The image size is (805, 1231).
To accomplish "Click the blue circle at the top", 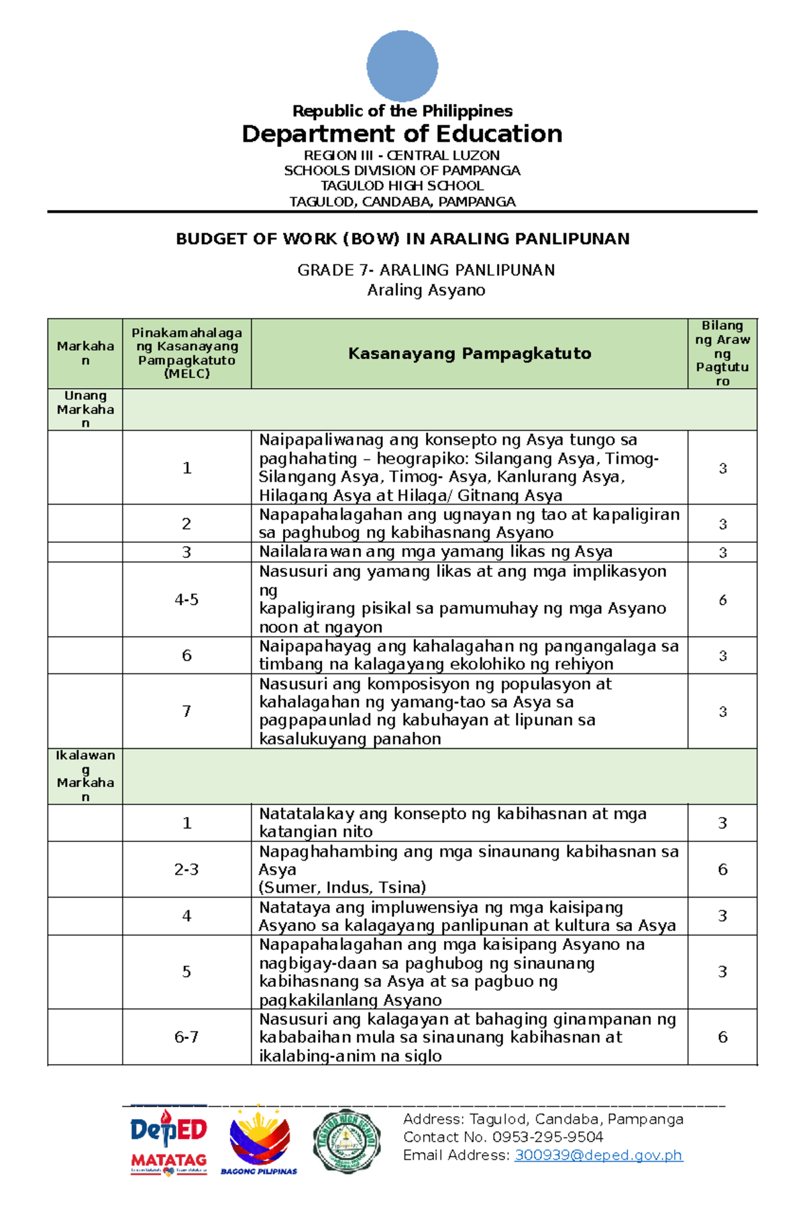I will point(402,66).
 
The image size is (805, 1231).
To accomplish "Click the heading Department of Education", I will point(402,134).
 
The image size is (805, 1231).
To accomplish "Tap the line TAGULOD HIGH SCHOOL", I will point(402,186).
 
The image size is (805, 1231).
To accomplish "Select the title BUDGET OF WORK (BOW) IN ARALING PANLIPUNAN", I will point(402,239).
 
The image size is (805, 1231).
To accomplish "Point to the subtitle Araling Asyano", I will point(426,290).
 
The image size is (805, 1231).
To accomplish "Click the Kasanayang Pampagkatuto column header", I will point(470,354).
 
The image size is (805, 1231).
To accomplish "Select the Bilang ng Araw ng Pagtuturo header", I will point(722,354).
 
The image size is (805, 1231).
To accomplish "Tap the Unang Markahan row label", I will point(85,409).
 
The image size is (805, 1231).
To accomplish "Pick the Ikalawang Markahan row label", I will point(85,775).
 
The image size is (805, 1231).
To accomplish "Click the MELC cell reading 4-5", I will point(186,600).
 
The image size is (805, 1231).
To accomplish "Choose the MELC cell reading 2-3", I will point(186,869).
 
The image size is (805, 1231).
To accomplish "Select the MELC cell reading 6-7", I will point(186,1037).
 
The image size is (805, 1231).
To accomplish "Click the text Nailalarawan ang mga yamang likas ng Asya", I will point(436,551).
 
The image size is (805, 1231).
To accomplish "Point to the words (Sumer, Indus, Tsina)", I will point(343,888).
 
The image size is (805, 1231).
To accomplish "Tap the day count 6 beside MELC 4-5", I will point(722,600).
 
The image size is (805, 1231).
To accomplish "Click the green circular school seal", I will point(347,1141).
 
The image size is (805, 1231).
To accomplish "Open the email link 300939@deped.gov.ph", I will point(598,1155).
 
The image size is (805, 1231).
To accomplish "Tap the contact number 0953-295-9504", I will point(547,1137).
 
